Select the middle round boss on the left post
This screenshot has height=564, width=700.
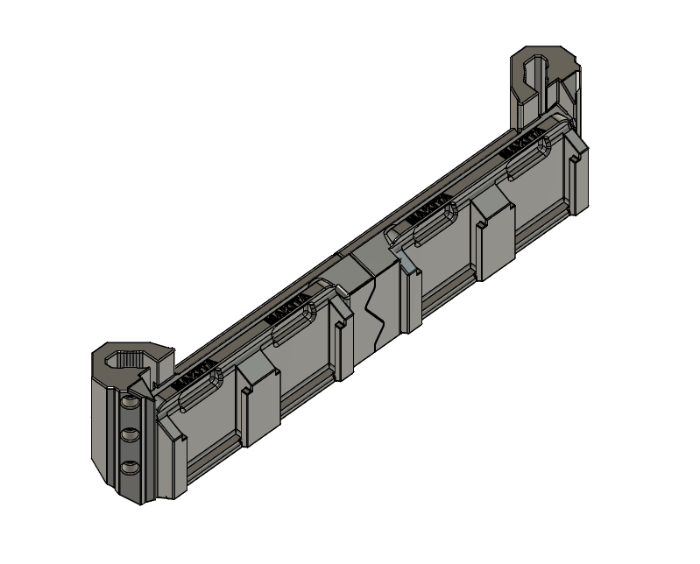coord(130,434)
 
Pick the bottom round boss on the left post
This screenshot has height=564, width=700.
coord(130,467)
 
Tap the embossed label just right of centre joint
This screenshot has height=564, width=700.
coord(434,211)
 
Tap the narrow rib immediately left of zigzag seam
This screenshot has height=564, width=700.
coord(343,342)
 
